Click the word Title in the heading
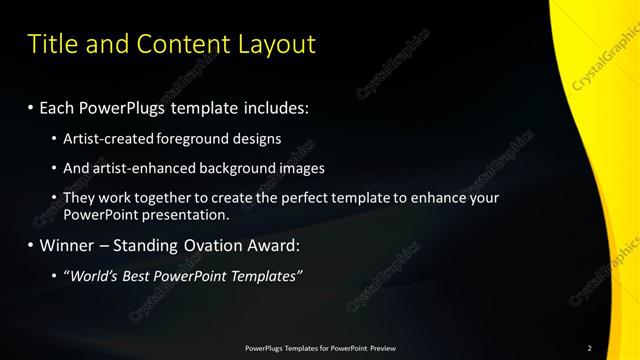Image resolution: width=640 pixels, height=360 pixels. click(x=50, y=44)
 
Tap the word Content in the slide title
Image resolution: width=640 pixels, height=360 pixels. click(x=179, y=44)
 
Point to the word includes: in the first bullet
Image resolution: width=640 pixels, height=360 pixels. click(x=270, y=107)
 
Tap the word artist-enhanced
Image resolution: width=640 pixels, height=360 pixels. click(x=134, y=168)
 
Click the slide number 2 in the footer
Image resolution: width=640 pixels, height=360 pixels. click(x=590, y=348)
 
